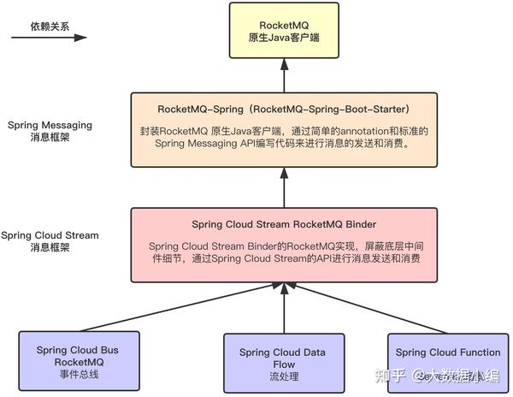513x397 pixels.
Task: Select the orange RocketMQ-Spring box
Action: click(x=286, y=128)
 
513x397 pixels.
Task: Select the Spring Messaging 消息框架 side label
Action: click(x=49, y=130)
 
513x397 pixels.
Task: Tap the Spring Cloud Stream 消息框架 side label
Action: click(x=49, y=241)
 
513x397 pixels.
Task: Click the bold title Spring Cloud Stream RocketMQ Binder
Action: click(x=284, y=224)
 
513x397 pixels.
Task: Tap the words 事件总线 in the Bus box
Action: click(x=78, y=374)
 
